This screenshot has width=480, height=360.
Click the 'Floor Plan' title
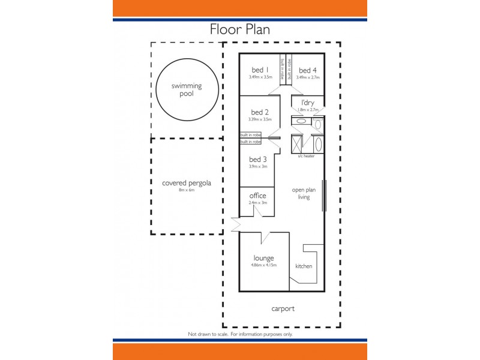239,29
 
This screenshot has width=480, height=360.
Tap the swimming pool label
187,90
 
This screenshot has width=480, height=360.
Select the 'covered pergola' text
187,183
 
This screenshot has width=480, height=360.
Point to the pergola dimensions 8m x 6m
187,190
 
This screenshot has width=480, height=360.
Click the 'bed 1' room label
260,70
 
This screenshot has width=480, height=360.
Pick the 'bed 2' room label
260,112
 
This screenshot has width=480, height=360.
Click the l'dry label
307,103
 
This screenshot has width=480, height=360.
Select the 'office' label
257,196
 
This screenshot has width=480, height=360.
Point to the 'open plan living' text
304,193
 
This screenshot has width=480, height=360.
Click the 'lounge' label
263,258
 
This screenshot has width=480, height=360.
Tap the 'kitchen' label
304,266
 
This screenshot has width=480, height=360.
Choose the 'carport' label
282,308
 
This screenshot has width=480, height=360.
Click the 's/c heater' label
306,156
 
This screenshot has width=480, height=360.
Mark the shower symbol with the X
296,144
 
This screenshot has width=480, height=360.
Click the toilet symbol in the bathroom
318,124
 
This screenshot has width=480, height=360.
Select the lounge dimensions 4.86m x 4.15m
263,265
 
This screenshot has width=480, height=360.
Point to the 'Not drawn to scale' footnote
240,334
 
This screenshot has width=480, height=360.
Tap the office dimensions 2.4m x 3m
257,203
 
